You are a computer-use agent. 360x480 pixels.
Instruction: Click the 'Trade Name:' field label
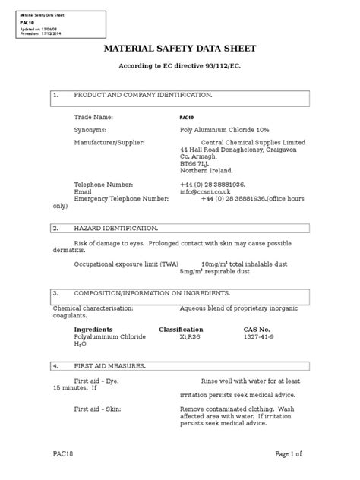(93, 118)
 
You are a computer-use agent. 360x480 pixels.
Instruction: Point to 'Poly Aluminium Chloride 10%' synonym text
(220, 130)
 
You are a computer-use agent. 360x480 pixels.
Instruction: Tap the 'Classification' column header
(181, 329)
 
